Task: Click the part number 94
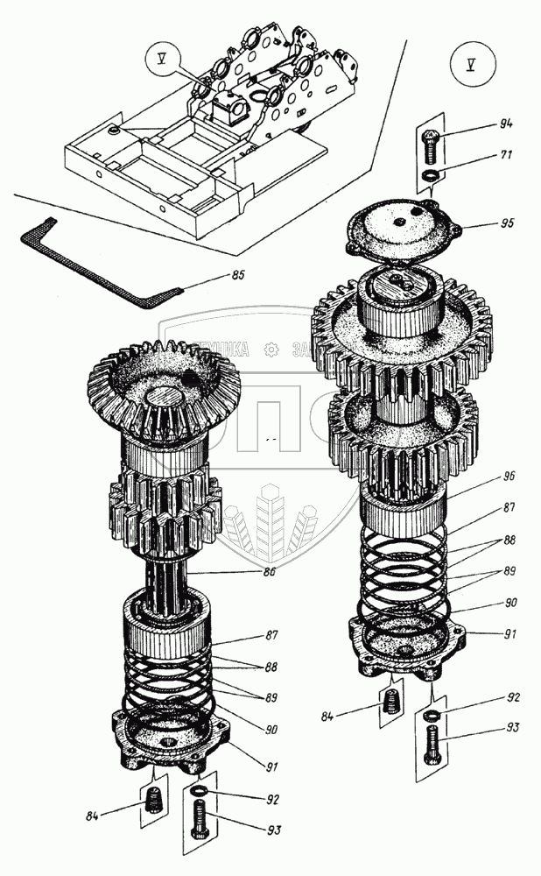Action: pyautogui.click(x=481, y=124)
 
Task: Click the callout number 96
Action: pyautogui.click(x=509, y=477)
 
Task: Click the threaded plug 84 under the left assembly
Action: pyautogui.click(x=156, y=801)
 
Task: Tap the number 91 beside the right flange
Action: pyautogui.click(x=508, y=632)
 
